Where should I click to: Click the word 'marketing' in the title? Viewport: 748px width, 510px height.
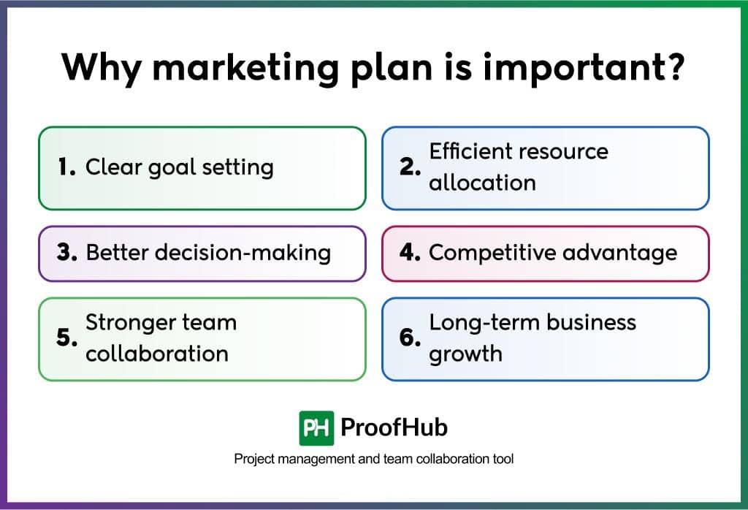point(245,69)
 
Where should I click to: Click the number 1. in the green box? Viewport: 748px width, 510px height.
point(66,167)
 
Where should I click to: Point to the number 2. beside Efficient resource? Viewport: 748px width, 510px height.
point(411,167)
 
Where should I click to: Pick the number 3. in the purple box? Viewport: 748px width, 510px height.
point(66,252)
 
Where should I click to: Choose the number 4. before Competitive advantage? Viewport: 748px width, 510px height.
point(411,252)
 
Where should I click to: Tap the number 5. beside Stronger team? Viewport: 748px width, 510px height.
point(66,338)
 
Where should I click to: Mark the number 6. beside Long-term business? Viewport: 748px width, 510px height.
point(411,338)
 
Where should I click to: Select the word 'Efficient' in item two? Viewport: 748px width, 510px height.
point(470,151)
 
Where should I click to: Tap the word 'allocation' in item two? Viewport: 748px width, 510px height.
point(482,183)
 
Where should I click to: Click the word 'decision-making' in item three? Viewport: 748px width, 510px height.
point(243,253)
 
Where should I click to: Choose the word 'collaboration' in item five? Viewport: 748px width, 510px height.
point(157,354)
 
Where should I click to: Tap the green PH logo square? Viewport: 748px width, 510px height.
point(317,428)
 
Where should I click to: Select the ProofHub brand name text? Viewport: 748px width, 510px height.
point(394,427)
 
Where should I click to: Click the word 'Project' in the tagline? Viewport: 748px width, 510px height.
point(254,459)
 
